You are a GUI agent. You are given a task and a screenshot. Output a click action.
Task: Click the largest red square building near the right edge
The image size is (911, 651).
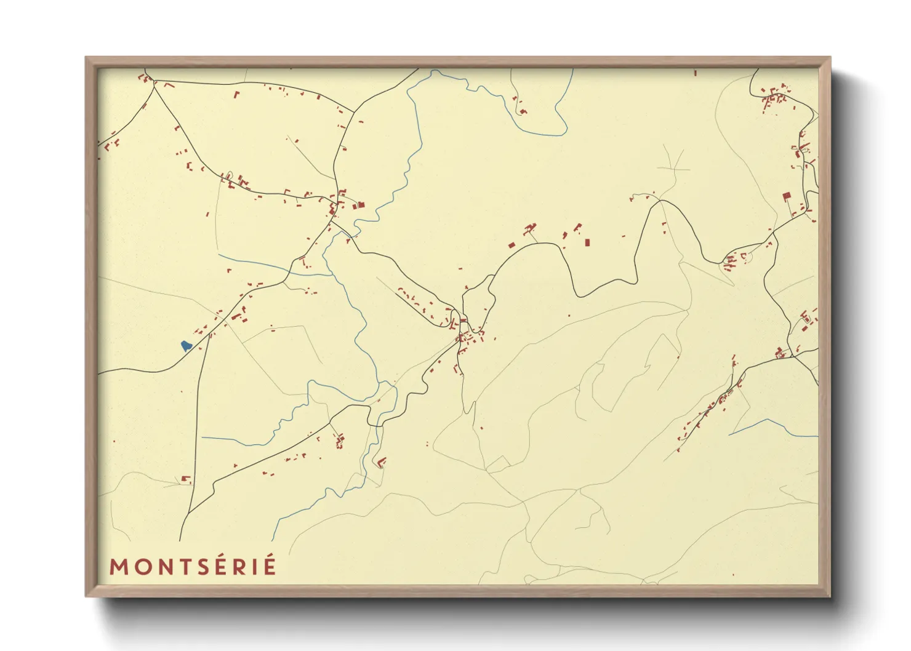click(786, 196)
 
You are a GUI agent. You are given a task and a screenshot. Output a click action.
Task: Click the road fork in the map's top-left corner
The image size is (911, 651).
click(153, 84)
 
